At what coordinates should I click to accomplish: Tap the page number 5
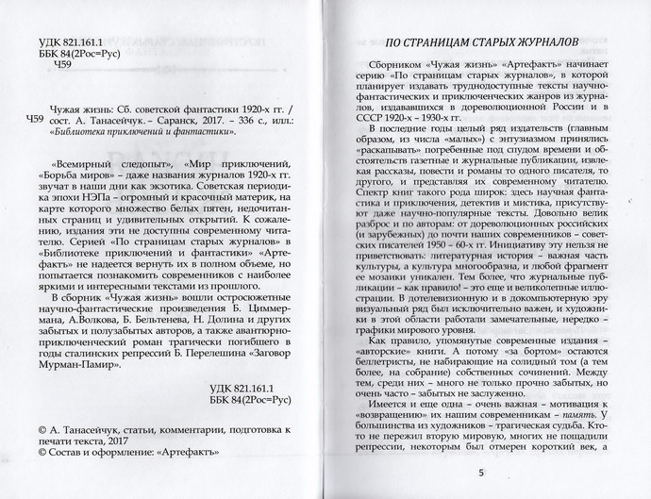(482, 473)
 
